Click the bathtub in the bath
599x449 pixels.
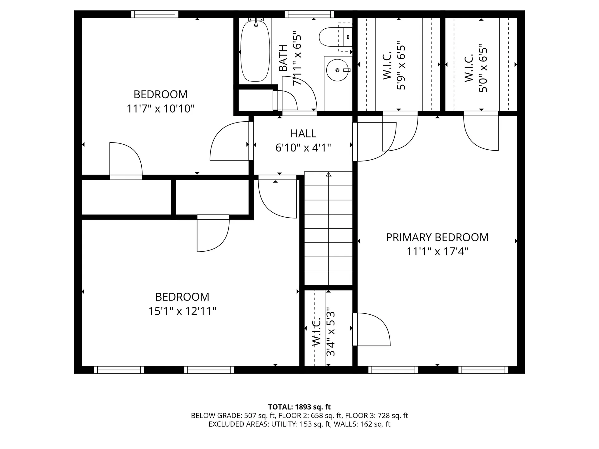coord(255,51)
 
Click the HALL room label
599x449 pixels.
coord(303,133)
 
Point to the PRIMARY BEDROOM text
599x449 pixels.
coord(437,237)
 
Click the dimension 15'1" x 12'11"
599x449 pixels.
coord(182,311)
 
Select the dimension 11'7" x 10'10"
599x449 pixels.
coord(160,109)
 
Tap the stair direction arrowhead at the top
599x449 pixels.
coord(328,175)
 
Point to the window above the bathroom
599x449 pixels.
coord(309,14)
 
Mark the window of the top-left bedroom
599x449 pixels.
coord(155,14)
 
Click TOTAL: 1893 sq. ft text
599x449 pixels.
coord(299,407)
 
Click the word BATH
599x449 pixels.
coord(283,58)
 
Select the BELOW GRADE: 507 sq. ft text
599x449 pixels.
coord(232,416)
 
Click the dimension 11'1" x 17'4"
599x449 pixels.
coord(437,251)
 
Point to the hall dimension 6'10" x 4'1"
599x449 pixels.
coord(303,147)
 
